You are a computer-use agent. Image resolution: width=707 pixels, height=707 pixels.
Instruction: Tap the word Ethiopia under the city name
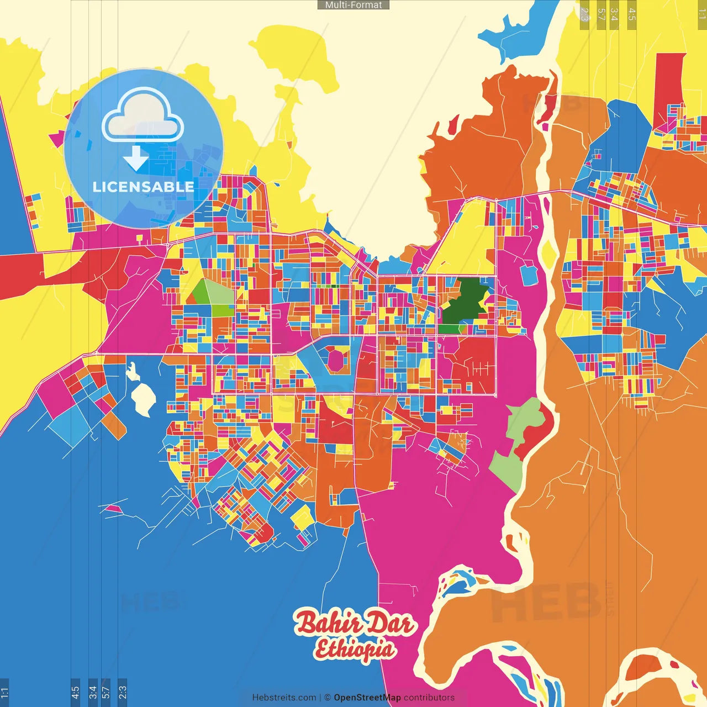click(x=355, y=650)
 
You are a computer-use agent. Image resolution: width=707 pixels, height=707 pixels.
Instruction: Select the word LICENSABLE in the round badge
click(x=144, y=187)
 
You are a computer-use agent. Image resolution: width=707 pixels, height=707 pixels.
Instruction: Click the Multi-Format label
click(x=353, y=5)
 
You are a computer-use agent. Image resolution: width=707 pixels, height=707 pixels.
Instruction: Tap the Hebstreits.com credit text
click(x=284, y=698)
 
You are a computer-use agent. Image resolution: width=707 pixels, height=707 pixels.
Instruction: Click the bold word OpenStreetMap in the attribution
click(x=367, y=698)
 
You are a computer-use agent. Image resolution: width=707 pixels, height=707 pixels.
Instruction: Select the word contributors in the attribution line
click(x=429, y=698)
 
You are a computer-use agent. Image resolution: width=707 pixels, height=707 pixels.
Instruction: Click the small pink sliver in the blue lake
click(x=114, y=508)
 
